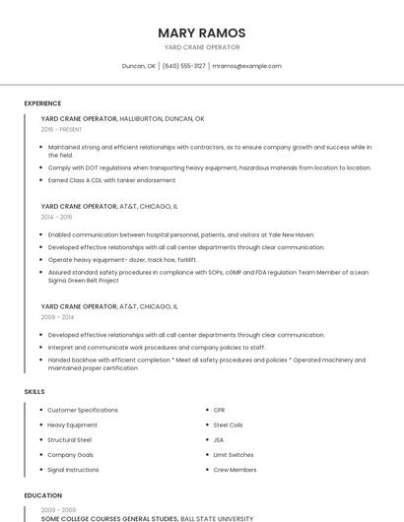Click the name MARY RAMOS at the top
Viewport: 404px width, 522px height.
[x=201, y=33]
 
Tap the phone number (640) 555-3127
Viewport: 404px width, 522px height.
[x=183, y=66]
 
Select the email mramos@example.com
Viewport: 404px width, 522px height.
[x=246, y=66]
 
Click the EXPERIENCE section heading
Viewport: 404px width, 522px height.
[x=42, y=103]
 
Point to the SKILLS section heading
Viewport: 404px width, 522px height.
[x=34, y=391]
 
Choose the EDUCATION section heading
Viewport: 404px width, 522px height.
[x=43, y=495]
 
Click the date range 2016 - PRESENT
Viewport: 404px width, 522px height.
[x=61, y=129]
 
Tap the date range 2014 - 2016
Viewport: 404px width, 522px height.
[x=56, y=217]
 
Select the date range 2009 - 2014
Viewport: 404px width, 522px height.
[x=56, y=317]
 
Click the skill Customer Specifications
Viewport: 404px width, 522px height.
[x=83, y=410]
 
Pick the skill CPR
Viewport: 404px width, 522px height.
[x=219, y=410]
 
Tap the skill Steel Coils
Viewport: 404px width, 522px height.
[x=228, y=424]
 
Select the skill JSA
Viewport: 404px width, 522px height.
[x=218, y=439]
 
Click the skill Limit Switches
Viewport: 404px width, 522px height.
[x=233, y=455]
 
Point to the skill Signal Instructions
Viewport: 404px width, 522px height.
[x=73, y=470]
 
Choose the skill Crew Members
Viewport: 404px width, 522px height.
[x=235, y=470]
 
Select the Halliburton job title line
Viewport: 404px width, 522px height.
[x=122, y=118]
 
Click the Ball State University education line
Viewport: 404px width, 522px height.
[x=147, y=517]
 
